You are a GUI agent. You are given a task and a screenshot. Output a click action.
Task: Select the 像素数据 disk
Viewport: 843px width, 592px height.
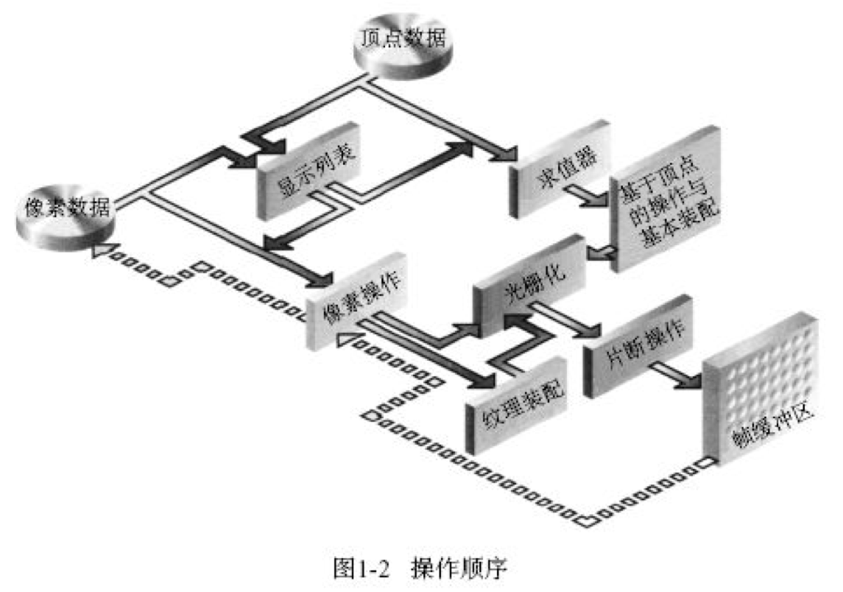pos(65,214)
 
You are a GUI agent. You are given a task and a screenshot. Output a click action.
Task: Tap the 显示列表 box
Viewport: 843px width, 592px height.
pos(309,174)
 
